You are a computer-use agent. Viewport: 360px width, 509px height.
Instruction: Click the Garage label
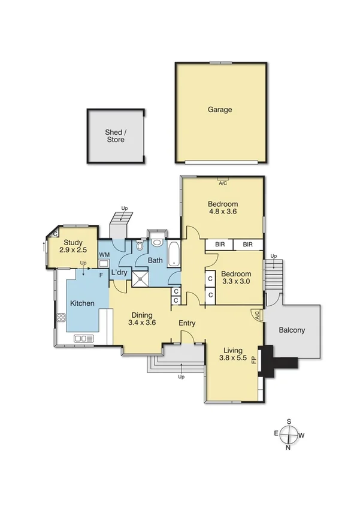[220, 110]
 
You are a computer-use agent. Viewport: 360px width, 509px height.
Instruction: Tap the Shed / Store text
[116, 136]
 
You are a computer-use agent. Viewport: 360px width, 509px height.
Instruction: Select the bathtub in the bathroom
[173, 254]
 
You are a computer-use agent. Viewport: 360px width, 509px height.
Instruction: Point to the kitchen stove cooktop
[61, 318]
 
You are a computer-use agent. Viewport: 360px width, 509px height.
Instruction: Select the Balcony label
[292, 330]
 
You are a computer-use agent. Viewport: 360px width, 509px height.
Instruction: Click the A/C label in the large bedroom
[223, 182]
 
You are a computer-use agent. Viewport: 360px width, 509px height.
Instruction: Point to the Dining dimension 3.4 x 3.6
[143, 323]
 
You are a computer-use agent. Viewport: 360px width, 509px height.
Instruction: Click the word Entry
[187, 323]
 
